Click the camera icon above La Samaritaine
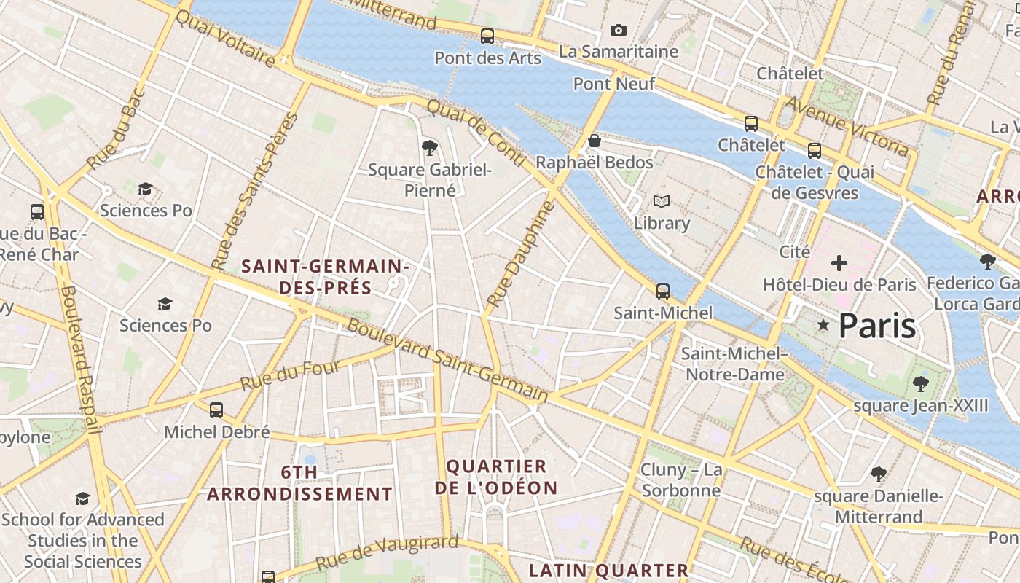[618, 30]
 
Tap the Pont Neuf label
[613, 84]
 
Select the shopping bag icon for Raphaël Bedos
[595, 141]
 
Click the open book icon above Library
[661, 201]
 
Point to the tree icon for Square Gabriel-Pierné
[430, 148]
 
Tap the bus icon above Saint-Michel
[662, 291]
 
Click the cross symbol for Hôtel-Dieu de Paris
[839, 262]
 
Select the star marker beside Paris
[823, 325]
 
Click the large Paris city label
[877, 326]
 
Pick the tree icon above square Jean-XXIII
[921, 383]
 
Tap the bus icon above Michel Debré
[216, 410]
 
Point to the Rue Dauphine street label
[520, 254]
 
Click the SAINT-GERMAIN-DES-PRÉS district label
[325, 277]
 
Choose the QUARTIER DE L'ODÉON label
[496, 477]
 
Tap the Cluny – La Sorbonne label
[681, 480]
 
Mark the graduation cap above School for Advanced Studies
[83, 498]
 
